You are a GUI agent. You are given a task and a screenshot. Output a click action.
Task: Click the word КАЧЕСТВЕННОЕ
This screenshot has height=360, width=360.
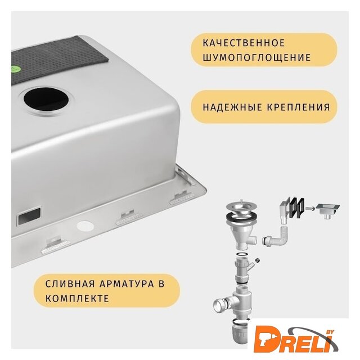[244, 43]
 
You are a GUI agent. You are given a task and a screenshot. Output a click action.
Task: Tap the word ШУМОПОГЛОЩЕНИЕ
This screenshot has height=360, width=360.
[256, 57]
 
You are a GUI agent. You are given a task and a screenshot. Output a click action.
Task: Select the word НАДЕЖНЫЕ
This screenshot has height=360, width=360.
[232, 107]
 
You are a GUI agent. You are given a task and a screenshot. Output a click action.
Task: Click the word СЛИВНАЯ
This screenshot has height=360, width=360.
[70, 283]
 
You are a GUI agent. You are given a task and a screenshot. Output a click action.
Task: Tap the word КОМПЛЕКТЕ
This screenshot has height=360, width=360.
[77, 299]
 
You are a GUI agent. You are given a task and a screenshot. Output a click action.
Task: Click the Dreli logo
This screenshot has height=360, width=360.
[296, 337]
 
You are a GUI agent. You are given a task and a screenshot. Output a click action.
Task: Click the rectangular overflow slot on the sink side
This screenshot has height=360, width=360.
[29, 216]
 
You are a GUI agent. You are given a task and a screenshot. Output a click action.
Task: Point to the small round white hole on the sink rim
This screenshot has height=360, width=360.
[85, 226]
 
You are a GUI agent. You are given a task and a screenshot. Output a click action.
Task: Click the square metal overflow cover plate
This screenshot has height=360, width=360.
[327, 210]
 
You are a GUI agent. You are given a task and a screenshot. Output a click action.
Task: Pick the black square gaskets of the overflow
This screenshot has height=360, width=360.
[296, 208]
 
